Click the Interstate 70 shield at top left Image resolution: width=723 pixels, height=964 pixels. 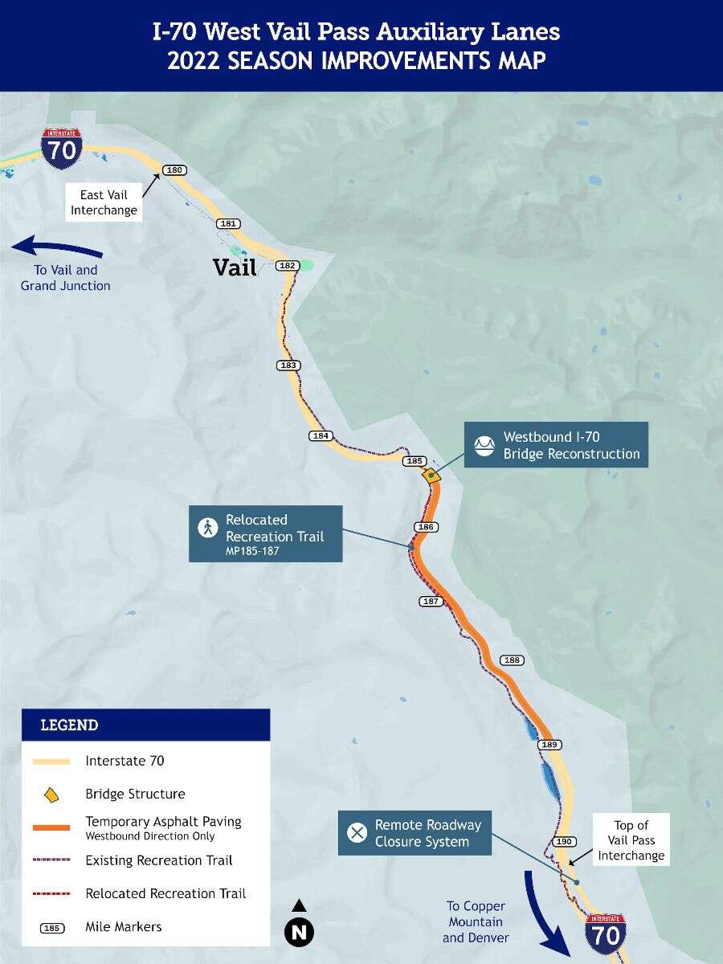pos(62,148)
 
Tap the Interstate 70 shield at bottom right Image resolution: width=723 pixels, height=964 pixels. pos(606,933)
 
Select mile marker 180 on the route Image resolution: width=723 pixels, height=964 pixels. pos(174,170)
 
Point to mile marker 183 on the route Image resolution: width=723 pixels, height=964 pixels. pos(288,366)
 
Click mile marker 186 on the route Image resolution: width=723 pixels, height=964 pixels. pos(426,527)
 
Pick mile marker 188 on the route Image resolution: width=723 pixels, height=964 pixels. pos(512,660)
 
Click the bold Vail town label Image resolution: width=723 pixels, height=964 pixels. pos(235,268)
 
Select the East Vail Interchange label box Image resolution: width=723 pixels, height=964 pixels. pos(104,202)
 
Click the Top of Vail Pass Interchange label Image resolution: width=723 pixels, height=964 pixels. pos(631,840)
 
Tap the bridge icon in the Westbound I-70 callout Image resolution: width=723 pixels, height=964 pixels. pos(484,445)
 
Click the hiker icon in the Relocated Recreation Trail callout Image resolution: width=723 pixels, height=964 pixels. pos(208,528)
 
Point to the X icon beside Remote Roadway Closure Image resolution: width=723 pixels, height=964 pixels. pos(357,832)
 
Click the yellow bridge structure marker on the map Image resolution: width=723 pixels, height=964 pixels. pos(431,476)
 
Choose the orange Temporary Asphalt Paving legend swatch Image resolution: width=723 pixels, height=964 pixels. pos(51,827)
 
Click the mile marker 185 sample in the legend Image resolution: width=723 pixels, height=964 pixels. pos(52,928)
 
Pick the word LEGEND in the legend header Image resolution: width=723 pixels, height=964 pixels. pos(69,725)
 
